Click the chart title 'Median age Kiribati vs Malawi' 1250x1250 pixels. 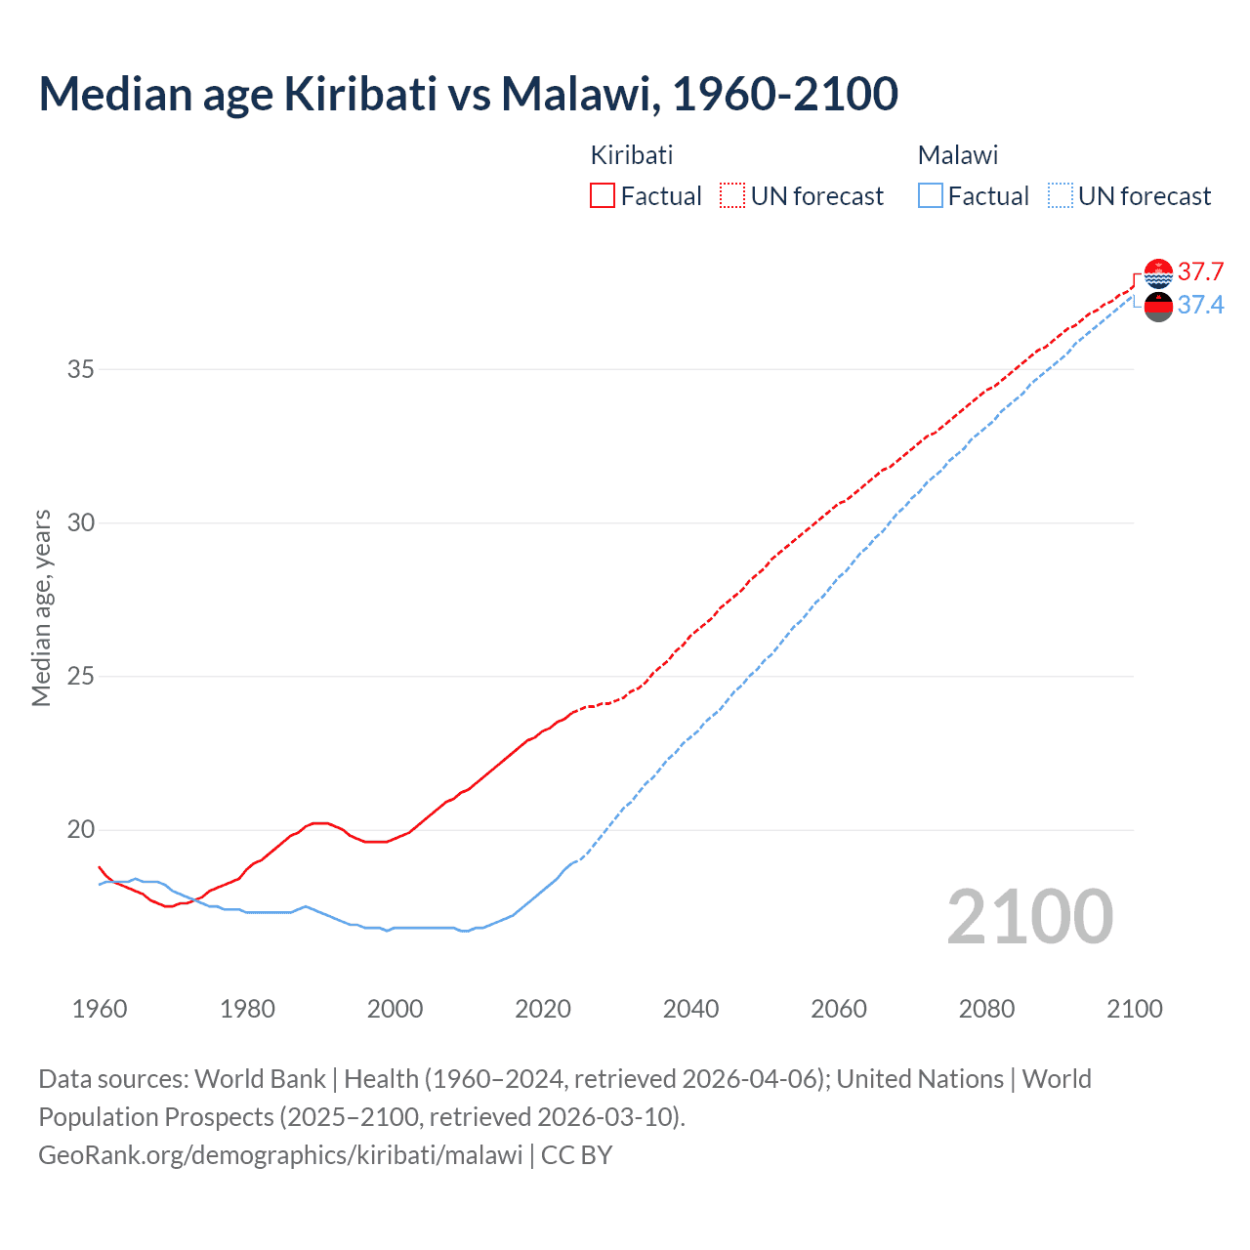[x=468, y=94]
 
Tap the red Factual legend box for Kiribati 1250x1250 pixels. [x=603, y=195]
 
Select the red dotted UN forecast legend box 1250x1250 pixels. [x=732, y=195]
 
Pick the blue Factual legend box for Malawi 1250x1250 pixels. [x=931, y=195]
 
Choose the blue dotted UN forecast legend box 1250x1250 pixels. [x=1061, y=195]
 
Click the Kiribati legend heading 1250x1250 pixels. [x=632, y=155]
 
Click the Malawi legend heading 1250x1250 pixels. [x=958, y=155]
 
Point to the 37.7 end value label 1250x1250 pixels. [x=1200, y=271]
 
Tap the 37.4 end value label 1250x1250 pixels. [x=1200, y=306]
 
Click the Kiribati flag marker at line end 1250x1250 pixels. [x=1158, y=273]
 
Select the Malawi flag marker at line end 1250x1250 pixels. [x=1158, y=307]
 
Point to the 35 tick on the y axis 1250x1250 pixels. [x=81, y=369]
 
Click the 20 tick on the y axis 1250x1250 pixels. [x=81, y=830]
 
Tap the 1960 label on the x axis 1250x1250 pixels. [x=100, y=1009]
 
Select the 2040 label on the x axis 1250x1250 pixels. [x=690, y=1009]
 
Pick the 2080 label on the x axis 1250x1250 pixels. [x=986, y=1009]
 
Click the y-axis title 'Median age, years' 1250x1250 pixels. [x=41, y=607]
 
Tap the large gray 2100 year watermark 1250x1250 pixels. [x=1029, y=916]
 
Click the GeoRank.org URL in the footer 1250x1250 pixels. [x=280, y=1155]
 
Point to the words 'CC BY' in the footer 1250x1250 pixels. [x=576, y=1155]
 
